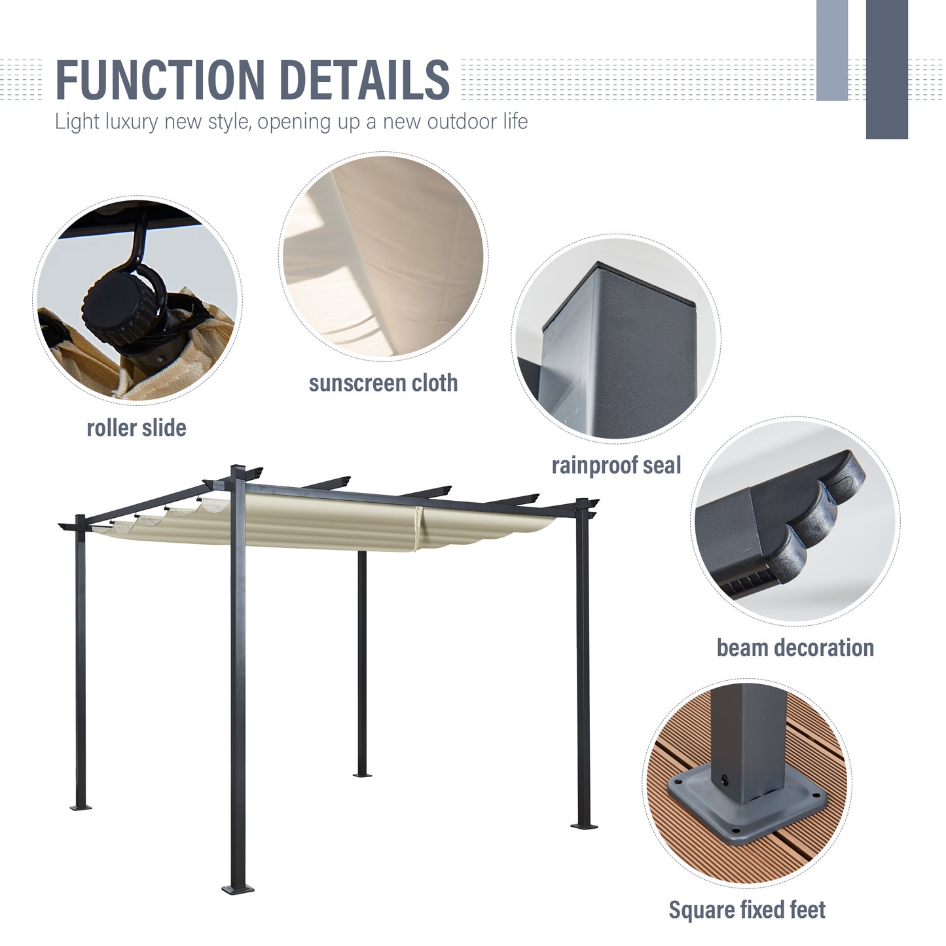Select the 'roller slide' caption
136,428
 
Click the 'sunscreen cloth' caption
383,383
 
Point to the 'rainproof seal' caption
616,465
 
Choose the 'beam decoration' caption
795,647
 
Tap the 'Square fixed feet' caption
747,909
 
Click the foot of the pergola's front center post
238,888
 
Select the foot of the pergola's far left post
81,807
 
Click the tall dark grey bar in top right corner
886,69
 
